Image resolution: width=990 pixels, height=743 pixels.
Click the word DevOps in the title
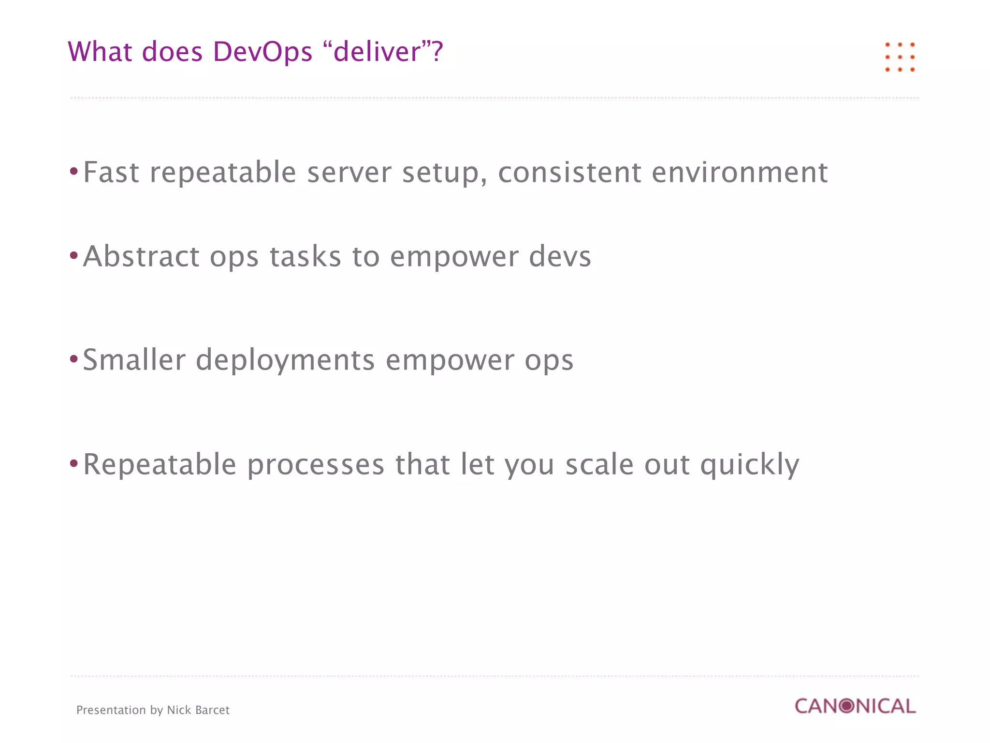click(x=262, y=52)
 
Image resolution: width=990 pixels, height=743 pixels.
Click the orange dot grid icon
click(x=900, y=57)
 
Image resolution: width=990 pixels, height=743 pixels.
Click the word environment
click(x=739, y=172)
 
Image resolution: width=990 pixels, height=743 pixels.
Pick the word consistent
click(x=569, y=172)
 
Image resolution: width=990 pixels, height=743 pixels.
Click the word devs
click(x=560, y=256)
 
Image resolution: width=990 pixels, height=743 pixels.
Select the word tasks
click(x=305, y=256)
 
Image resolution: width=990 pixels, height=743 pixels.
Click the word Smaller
click(x=134, y=360)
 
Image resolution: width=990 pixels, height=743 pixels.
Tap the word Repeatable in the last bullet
click(x=160, y=464)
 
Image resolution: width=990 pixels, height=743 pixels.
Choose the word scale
click(x=599, y=464)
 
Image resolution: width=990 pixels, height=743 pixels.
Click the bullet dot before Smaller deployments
click(x=73, y=359)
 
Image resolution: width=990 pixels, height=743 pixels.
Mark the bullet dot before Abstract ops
click(x=73, y=255)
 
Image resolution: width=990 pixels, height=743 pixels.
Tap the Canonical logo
click(x=855, y=706)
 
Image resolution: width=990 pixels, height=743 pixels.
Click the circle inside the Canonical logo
click(x=846, y=706)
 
